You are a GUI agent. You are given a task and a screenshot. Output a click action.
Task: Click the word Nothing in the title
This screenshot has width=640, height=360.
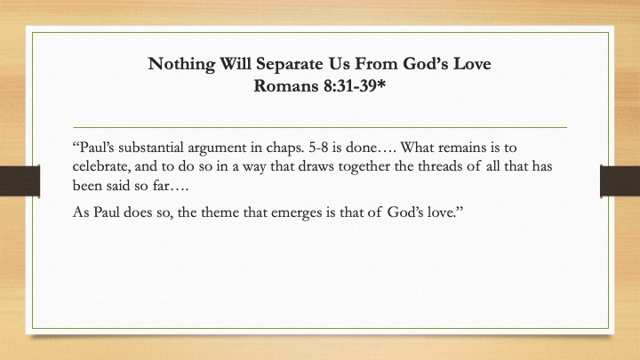tap(181, 65)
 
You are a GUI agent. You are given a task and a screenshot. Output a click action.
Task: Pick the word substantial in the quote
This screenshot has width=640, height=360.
tap(151, 148)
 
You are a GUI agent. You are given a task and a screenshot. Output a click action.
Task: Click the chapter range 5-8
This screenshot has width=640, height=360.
tap(318, 148)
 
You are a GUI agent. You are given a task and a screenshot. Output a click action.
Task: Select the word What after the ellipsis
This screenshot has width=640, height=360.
tap(417, 148)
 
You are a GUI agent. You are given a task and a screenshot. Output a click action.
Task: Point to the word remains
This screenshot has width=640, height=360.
tap(460, 148)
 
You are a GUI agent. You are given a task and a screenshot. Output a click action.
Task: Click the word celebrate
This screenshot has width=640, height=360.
tap(101, 166)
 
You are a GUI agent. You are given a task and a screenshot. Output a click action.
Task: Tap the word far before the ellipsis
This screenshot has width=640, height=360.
tap(160, 186)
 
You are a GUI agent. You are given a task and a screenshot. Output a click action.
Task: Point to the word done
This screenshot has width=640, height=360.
tap(361, 148)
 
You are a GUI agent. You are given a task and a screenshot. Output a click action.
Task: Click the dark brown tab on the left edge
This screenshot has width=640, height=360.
tap(20, 181)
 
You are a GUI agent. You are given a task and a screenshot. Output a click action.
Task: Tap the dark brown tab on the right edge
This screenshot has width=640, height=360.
tap(620, 181)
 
